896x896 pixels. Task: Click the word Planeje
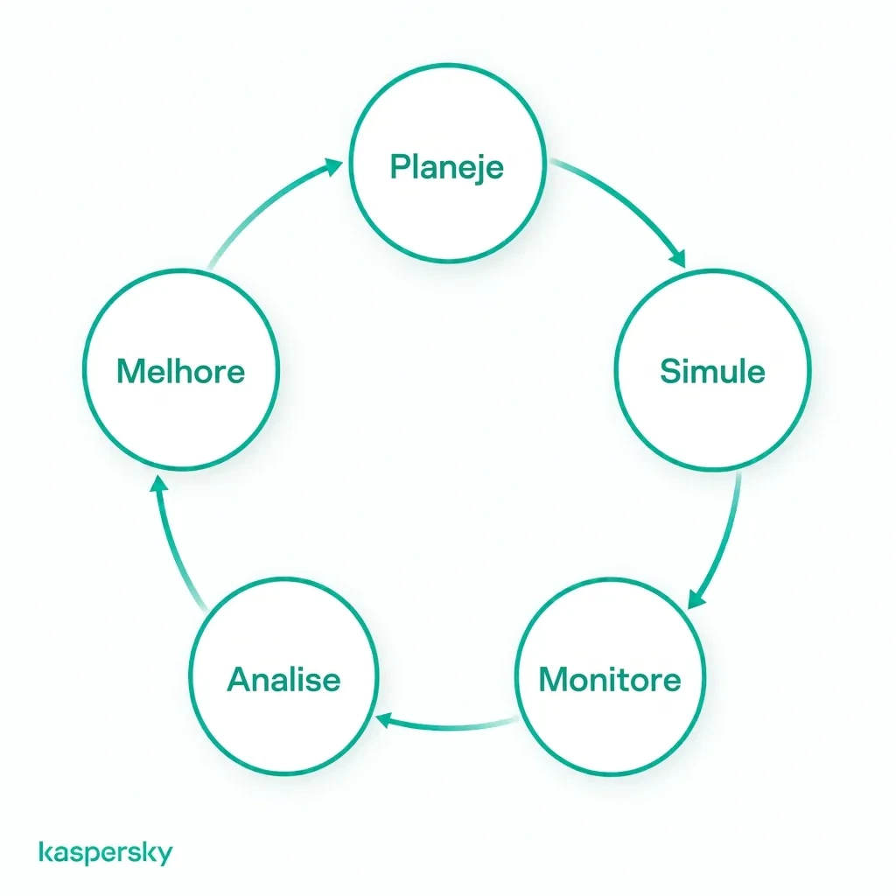[447, 167]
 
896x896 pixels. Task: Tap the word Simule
[712, 371]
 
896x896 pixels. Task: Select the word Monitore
[610, 679]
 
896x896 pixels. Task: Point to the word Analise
[284, 679]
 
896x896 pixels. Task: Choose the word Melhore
[180, 371]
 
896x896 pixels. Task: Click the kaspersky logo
[106, 852]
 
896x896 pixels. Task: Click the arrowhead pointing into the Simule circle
[678, 259]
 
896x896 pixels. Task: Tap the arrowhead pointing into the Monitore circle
[696, 599]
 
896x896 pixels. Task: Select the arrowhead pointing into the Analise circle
[383, 720]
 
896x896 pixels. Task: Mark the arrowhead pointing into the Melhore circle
[159, 485]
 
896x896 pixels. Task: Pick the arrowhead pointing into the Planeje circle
[332, 167]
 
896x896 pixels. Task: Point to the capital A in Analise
[240, 679]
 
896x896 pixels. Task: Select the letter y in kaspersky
[164, 856]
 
